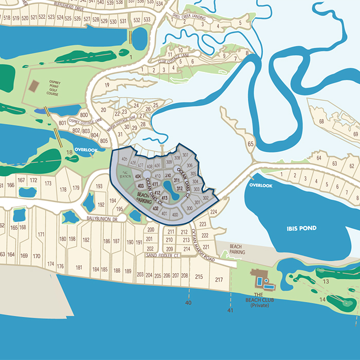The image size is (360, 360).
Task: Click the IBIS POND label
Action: [x=302, y=228]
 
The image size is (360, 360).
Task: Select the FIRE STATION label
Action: [x=125, y=174]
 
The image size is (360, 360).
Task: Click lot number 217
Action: [x=219, y=280]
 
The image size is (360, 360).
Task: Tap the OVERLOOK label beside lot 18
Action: [x=85, y=150]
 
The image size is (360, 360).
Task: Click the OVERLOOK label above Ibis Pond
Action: [x=260, y=185]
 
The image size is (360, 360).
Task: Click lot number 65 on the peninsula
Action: [x=251, y=145]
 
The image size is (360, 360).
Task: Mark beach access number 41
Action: [x=230, y=311]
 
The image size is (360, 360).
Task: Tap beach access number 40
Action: [x=188, y=303]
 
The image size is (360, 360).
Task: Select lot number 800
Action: [x=84, y=115]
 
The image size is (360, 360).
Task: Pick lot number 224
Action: [x=214, y=211]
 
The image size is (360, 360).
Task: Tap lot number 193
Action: [x=99, y=186]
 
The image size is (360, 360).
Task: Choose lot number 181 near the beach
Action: [x=79, y=267]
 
